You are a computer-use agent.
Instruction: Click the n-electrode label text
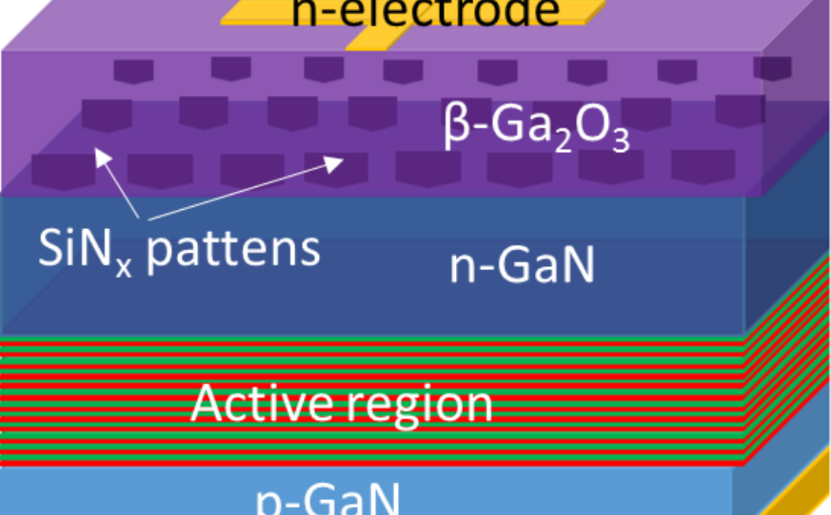point(425,11)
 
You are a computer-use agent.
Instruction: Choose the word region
point(419,406)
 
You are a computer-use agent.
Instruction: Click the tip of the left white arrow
point(97,150)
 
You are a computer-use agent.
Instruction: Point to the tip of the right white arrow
point(342,158)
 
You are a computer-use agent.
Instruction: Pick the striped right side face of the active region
point(787,364)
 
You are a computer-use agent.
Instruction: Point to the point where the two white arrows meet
point(142,218)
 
